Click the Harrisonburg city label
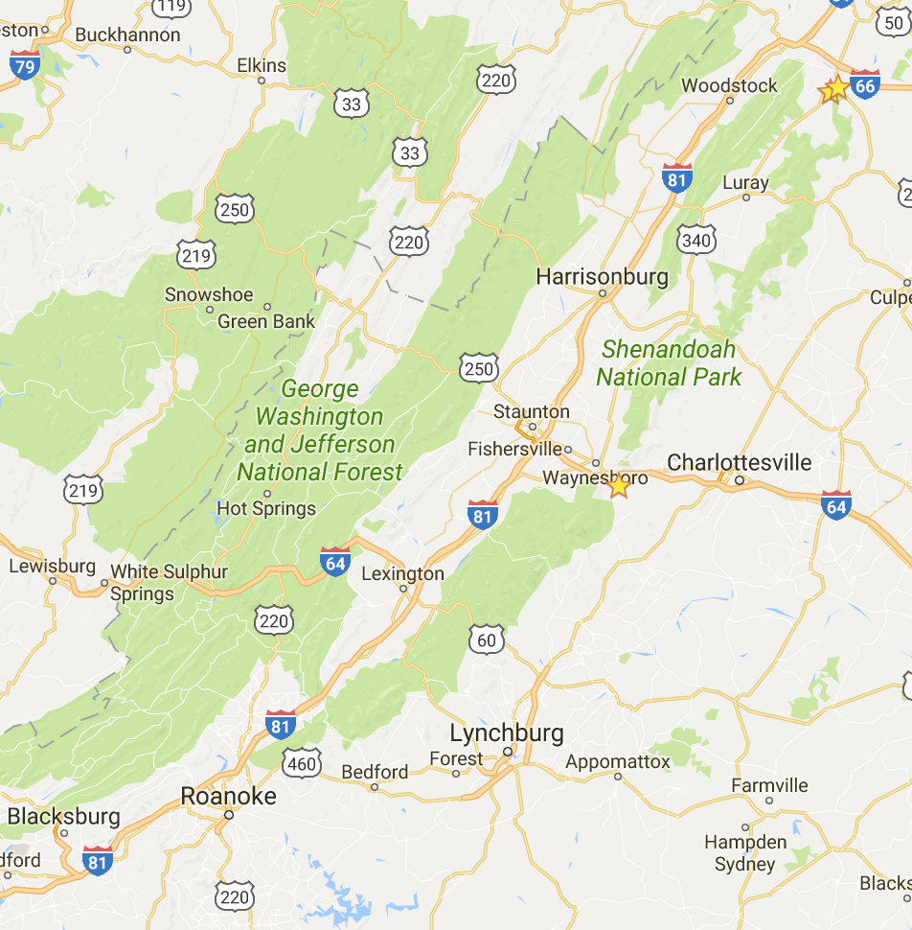[x=602, y=277]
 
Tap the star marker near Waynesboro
[x=619, y=486]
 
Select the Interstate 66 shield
[x=864, y=84]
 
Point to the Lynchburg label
[x=507, y=733]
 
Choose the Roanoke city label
[x=228, y=796]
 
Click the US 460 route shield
[x=302, y=762]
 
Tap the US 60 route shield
[x=486, y=639]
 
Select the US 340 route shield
[x=695, y=240]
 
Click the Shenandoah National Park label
[x=669, y=363]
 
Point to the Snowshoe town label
[x=209, y=294]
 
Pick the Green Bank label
[x=266, y=321]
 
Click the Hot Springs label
[x=266, y=508]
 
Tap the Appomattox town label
[x=618, y=762]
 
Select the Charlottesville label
[x=739, y=462]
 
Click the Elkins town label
[x=261, y=65]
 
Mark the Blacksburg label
[x=63, y=817]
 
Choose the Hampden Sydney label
[x=745, y=853]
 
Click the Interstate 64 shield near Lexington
[x=335, y=560]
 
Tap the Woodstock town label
[x=729, y=85]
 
